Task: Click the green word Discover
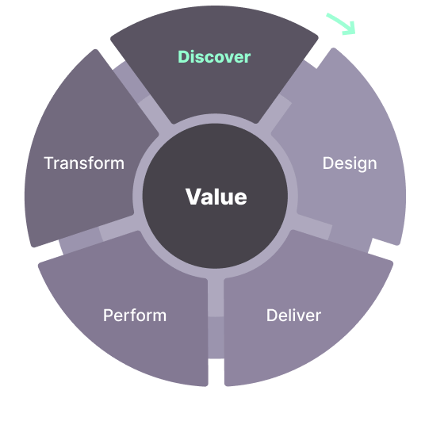tap(214, 57)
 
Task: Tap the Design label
tap(350, 163)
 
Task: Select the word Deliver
tap(293, 316)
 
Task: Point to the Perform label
tap(135, 316)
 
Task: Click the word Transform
tap(84, 163)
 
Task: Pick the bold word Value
tap(216, 197)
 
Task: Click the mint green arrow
tap(342, 24)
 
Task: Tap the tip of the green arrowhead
tap(354, 33)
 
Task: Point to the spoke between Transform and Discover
tap(142, 98)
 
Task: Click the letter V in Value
tap(193, 197)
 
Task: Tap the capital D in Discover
tap(184, 57)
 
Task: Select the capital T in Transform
tap(50, 163)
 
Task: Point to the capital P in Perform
tap(108, 316)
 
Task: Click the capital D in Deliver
tap(272, 316)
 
